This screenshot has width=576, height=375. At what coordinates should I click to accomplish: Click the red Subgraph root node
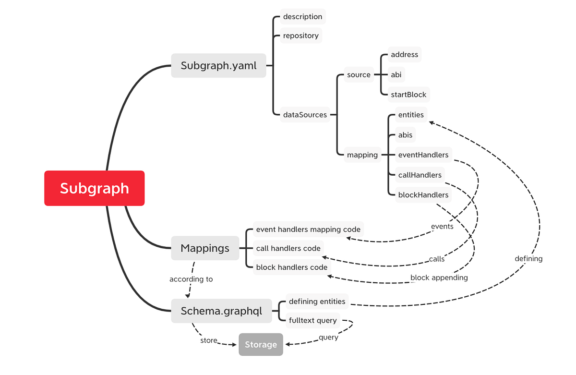tap(95, 188)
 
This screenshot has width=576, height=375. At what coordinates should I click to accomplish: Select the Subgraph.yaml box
tap(218, 65)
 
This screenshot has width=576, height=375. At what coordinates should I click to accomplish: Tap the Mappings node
tap(205, 248)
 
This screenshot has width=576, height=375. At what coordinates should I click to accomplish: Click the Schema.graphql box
tap(221, 311)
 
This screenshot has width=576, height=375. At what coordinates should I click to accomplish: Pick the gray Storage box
tap(261, 344)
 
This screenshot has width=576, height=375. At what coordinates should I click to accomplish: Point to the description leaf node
tap(302, 16)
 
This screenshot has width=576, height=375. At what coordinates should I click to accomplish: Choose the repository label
tap(300, 36)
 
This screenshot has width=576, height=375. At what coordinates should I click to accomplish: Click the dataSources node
tap(305, 115)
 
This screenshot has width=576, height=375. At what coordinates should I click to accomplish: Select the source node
tap(359, 74)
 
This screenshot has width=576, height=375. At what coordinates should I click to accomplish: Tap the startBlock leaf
tap(408, 95)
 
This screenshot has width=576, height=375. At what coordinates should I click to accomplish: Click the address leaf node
tap(404, 55)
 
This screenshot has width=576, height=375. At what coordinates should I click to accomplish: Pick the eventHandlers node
tap(423, 155)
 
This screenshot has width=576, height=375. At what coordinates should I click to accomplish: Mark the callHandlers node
tap(420, 175)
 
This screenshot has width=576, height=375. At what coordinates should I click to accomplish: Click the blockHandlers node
tap(423, 195)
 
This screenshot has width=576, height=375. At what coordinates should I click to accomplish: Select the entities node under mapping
tap(411, 115)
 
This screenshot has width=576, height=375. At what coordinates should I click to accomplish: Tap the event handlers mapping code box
tap(308, 229)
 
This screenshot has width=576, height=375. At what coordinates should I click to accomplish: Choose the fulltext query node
tap(312, 320)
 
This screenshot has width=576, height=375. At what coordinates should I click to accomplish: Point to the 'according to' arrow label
tap(191, 279)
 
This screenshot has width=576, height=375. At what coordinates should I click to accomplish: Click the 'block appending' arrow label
tap(439, 278)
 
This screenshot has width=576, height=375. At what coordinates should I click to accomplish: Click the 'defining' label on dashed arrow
tap(528, 258)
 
